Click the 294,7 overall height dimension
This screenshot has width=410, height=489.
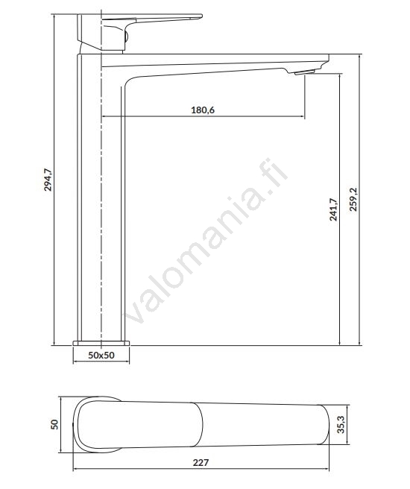point(48,180)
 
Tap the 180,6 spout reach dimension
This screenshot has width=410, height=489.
point(203,110)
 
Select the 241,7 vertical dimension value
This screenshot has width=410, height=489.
point(333,209)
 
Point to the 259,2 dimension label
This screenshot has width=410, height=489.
point(353,200)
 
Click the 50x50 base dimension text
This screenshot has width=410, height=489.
point(101,355)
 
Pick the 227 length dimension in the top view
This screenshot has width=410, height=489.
point(201,462)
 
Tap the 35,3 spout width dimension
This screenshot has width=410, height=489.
point(341,424)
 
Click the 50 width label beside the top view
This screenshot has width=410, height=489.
point(54,424)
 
